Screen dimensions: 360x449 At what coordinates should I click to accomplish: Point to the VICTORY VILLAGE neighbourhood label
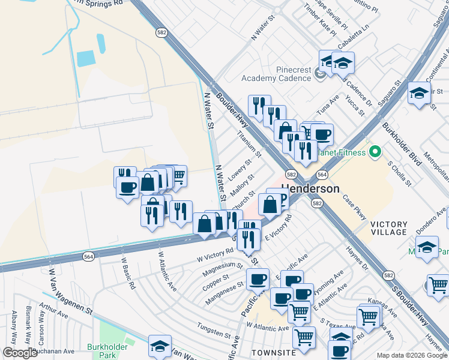(389, 228)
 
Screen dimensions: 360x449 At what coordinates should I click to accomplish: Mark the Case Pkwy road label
(354, 207)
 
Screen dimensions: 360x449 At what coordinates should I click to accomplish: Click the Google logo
(20, 353)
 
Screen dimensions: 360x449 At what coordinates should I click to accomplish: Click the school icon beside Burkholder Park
(160, 346)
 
